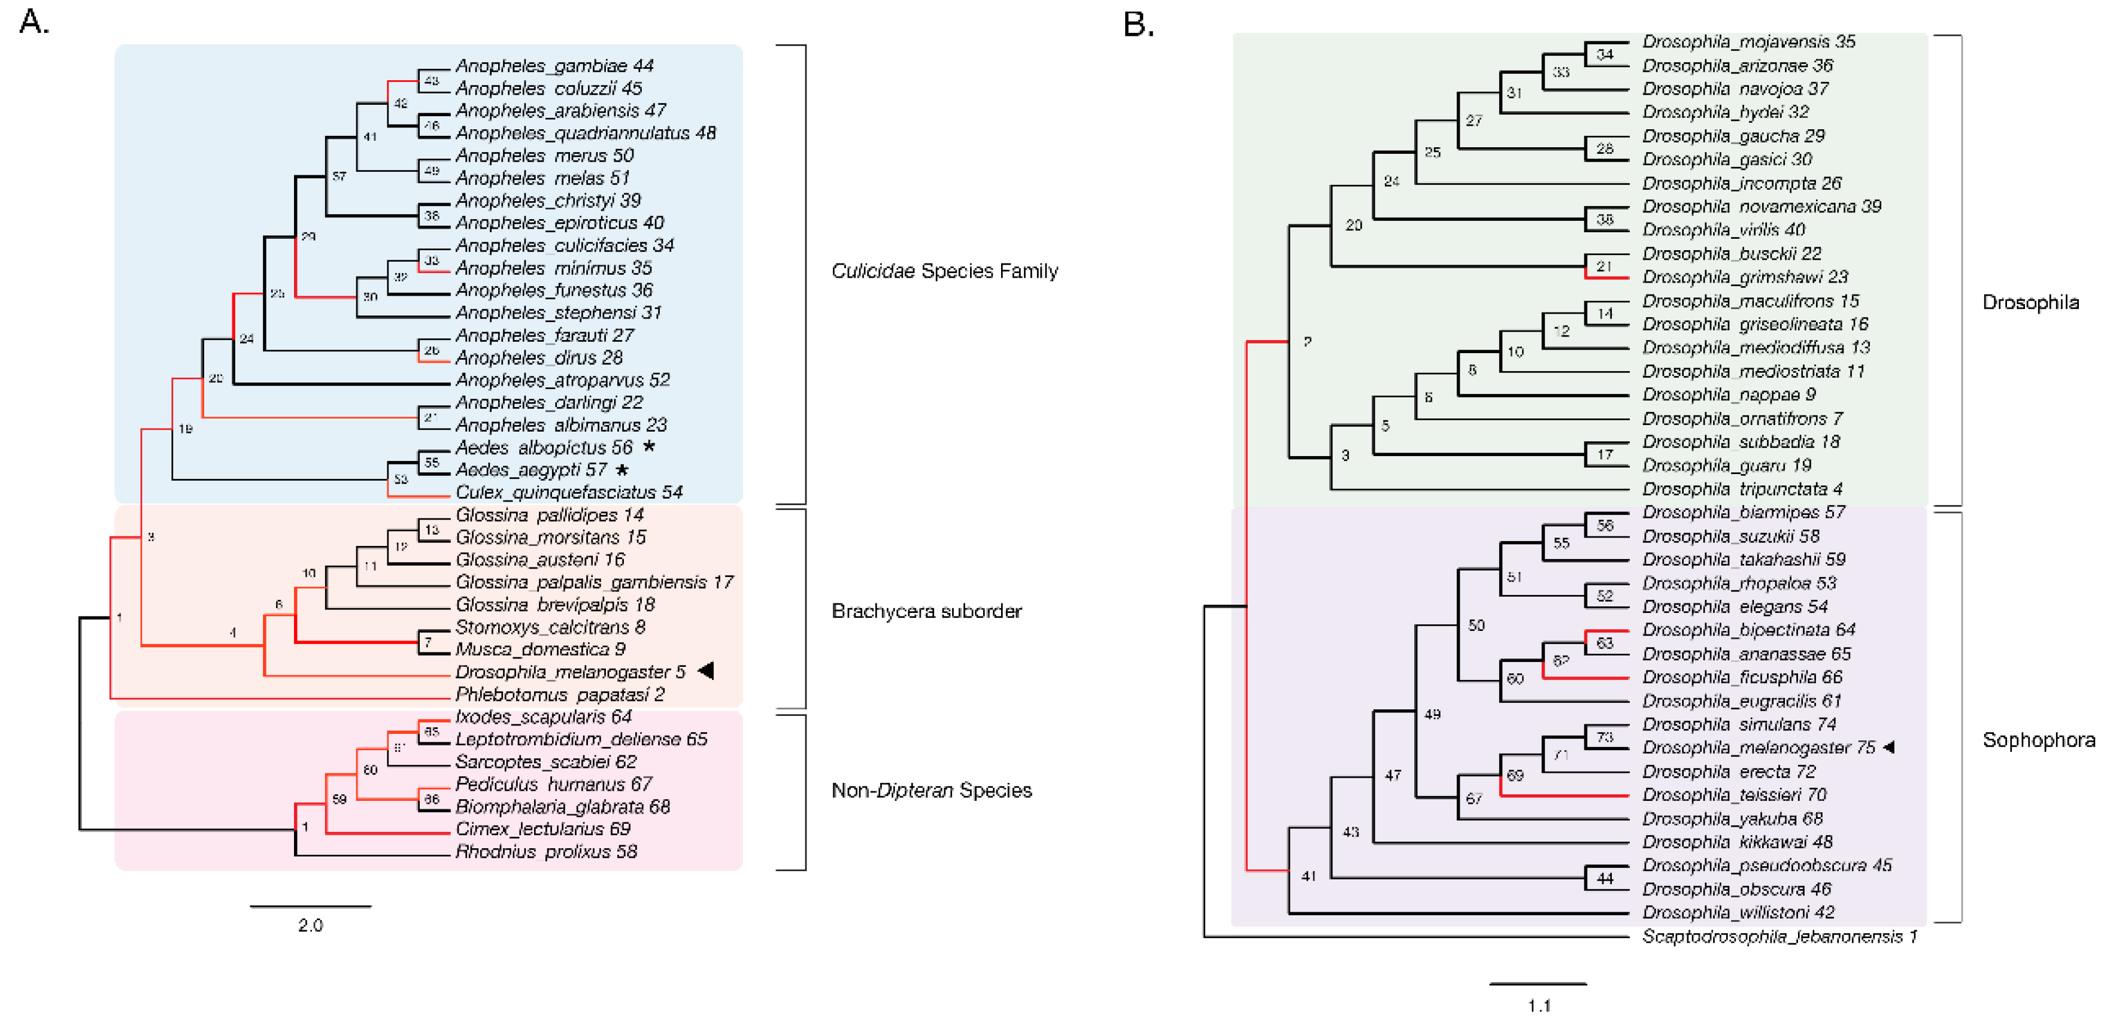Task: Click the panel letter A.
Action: coord(34,22)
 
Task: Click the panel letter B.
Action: coord(1138,25)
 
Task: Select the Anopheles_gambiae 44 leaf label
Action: coord(554,65)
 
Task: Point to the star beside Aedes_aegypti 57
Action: coord(623,470)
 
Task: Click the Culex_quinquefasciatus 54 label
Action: coord(568,492)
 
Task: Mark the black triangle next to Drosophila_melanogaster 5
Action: coord(705,671)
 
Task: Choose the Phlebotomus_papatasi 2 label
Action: coord(559,694)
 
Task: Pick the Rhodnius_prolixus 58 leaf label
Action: coord(545,851)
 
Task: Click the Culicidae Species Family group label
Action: coord(944,271)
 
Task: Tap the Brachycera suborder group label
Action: coord(926,611)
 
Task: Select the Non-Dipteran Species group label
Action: coord(930,790)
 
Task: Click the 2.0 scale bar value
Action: coord(310,925)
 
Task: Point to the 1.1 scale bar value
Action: coord(1538,1005)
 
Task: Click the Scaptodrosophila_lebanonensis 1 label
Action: coord(1779,936)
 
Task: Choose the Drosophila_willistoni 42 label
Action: coord(1738,912)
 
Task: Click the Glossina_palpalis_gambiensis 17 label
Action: coord(594,582)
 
